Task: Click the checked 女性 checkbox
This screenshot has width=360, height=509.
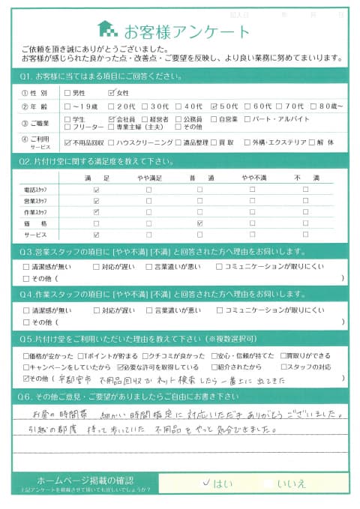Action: pos(112,93)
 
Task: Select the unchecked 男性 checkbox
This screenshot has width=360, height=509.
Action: pos(68,93)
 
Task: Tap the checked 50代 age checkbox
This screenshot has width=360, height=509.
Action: pos(215,106)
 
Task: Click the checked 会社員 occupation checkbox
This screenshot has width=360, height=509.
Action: pos(112,119)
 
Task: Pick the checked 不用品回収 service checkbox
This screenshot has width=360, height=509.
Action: pos(68,141)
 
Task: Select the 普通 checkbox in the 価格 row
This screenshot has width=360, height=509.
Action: pos(199,223)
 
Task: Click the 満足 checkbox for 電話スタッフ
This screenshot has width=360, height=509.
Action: pos(96,190)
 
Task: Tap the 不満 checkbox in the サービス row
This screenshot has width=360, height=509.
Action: pos(305,235)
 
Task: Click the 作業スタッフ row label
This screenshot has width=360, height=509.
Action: pos(36,212)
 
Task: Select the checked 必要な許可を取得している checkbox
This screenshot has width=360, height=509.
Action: pos(121,367)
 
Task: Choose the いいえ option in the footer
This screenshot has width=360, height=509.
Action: pos(291,484)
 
